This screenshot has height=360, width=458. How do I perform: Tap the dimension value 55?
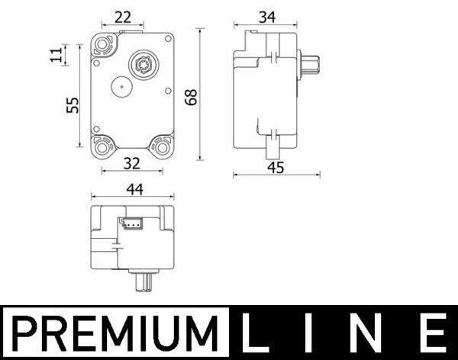[73, 104]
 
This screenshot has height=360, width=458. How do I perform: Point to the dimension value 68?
[191, 97]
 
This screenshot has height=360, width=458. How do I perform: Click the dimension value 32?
[131, 162]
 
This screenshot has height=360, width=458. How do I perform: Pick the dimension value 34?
[267, 17]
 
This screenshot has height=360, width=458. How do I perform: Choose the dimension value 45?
[276, 168]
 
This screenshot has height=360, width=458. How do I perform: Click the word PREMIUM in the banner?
[114, 333]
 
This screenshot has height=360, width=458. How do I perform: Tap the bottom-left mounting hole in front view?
[103, 144]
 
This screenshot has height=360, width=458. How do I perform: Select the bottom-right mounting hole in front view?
[162, 144]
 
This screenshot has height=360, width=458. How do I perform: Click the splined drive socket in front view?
[140, 63]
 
